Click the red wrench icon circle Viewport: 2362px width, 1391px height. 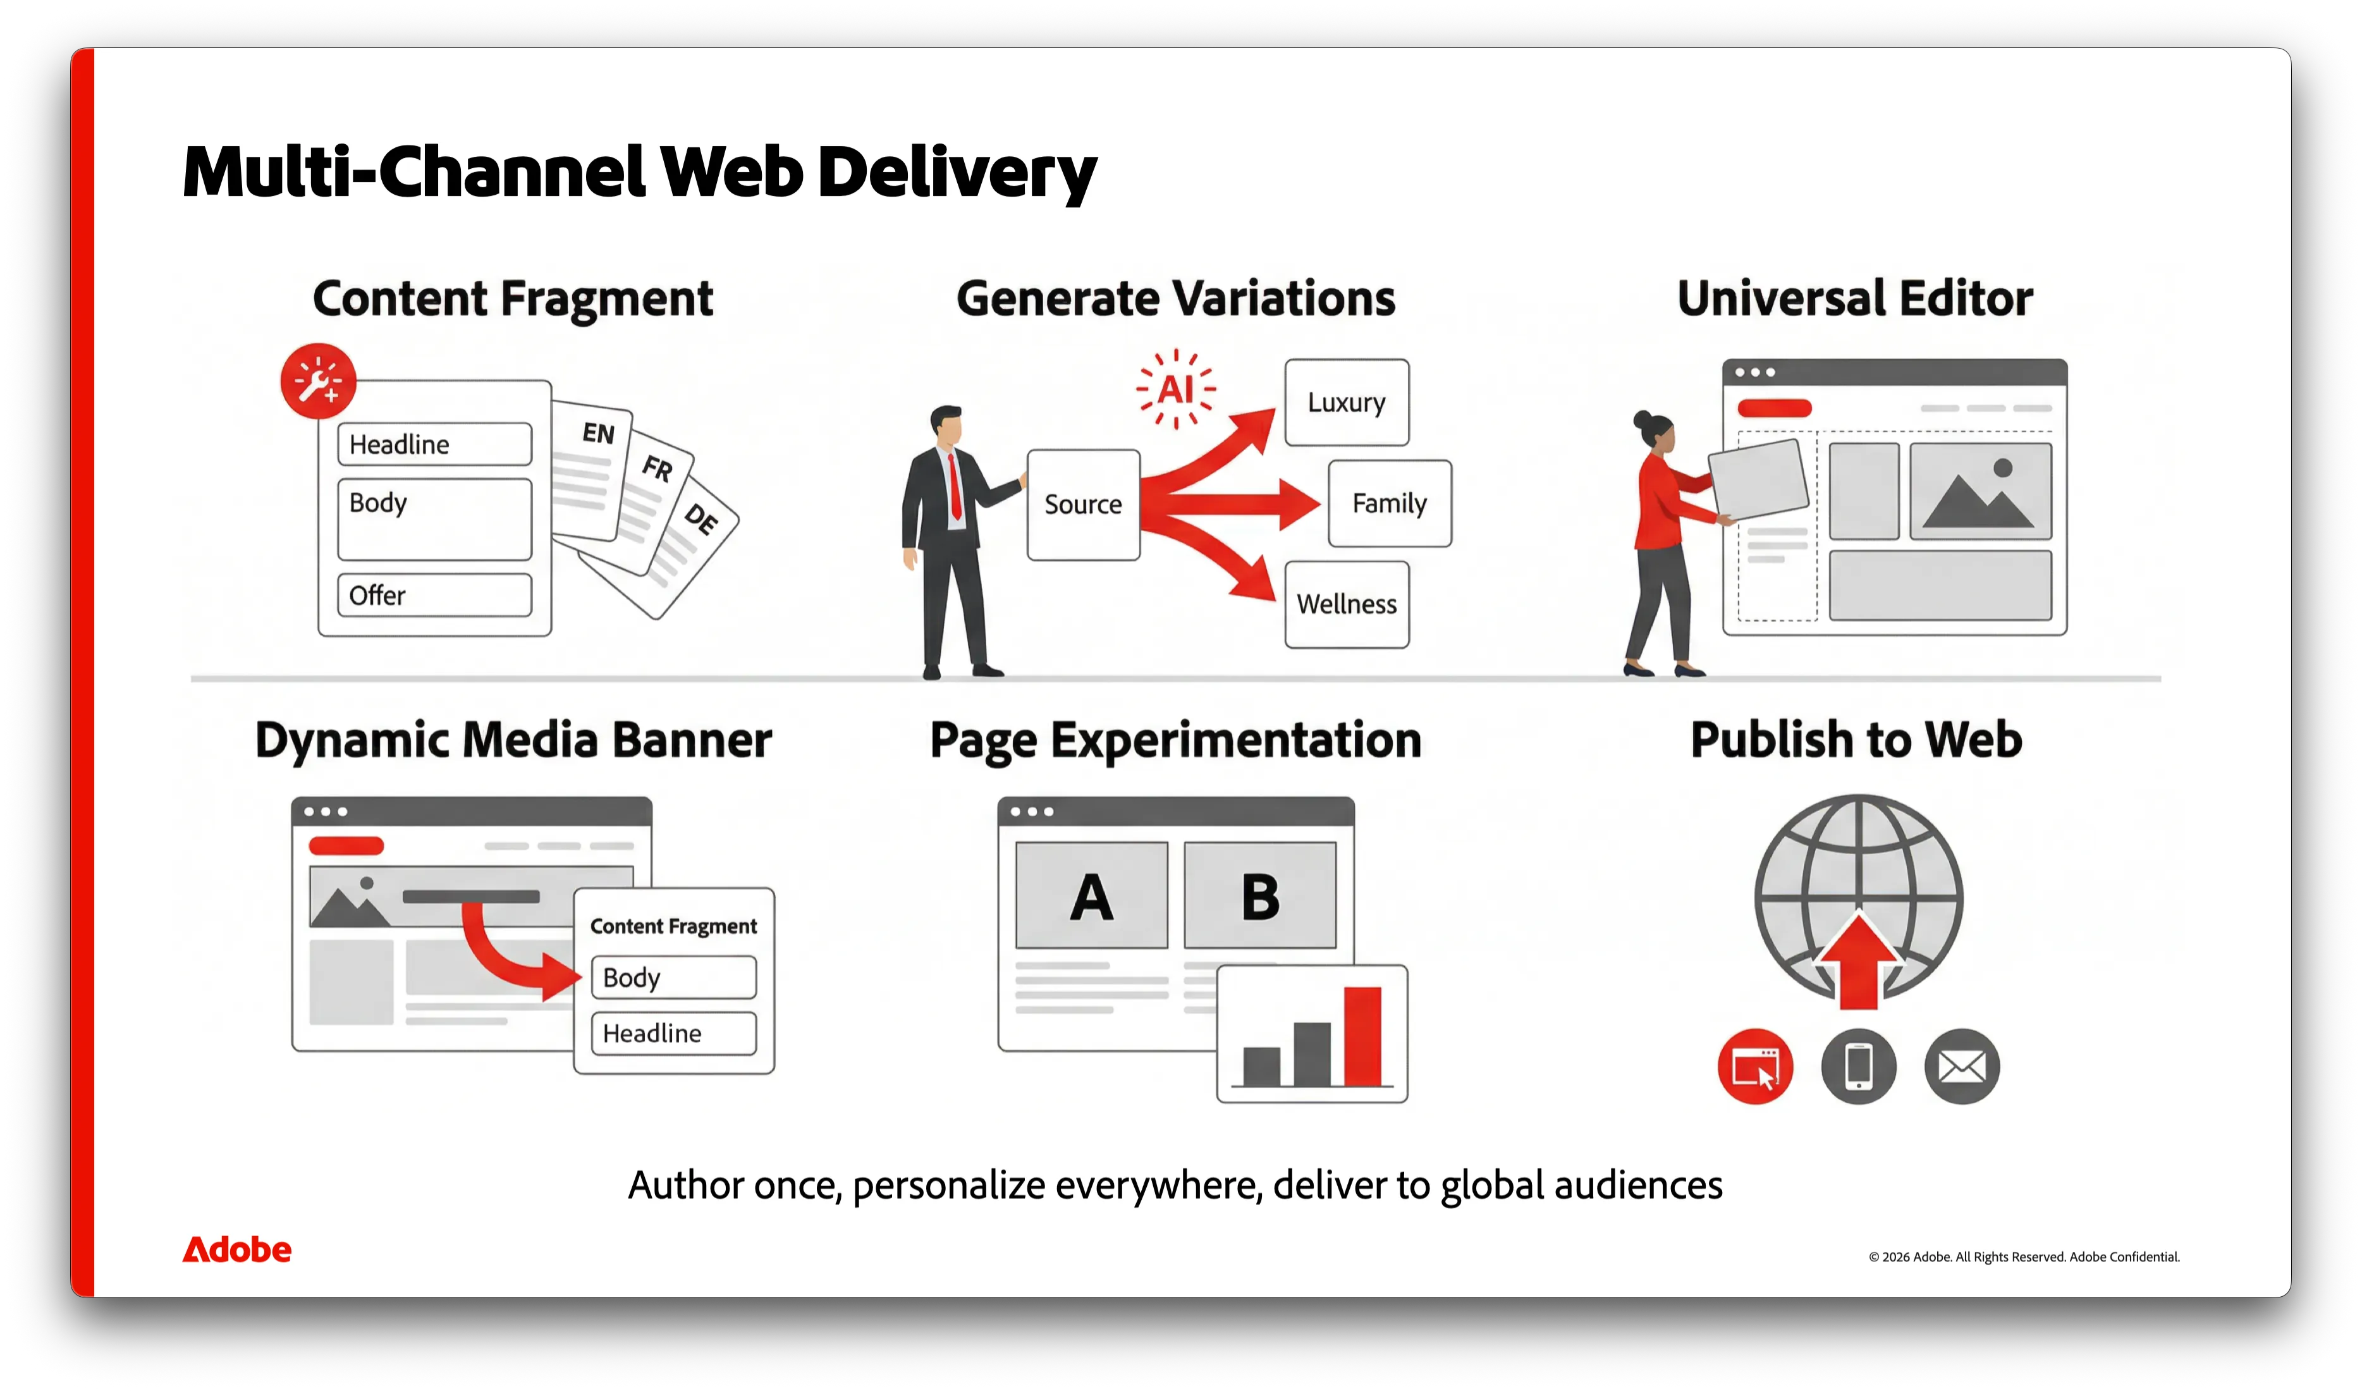[318, 381]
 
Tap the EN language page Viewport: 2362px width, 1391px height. [591, 470]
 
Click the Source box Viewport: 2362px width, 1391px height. [1084, 505]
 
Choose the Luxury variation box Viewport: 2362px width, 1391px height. [1347, 402]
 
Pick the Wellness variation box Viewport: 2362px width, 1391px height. [1347, 604]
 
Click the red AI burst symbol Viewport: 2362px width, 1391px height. [1175, 389]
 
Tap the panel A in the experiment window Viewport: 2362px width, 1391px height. [1092, 895]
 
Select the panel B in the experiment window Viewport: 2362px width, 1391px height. [1260, 895]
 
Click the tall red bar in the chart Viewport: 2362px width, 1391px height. [1363, 1036]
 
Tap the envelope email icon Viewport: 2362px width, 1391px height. [1962, 1067]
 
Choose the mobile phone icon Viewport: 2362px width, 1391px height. [1859, 1067]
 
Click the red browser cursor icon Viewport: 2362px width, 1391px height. [1756, 1067]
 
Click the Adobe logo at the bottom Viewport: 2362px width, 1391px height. [237, 1249]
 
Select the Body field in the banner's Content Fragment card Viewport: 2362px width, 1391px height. [674, 977]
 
